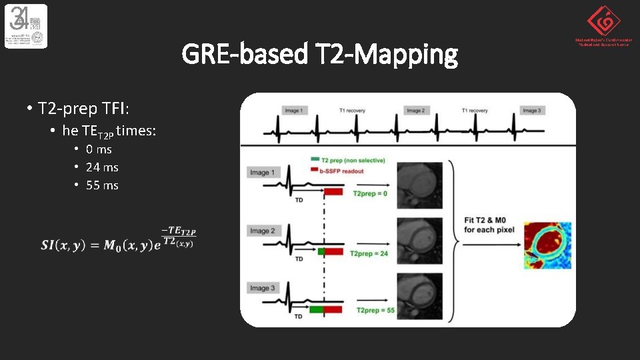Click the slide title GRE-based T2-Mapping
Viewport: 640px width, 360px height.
(320, 54)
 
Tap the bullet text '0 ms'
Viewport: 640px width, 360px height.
(99, 149)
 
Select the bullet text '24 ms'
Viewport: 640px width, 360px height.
(102, 167)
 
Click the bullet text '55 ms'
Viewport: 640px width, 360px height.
(102, 185)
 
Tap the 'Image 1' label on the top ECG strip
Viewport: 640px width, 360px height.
(293, 111)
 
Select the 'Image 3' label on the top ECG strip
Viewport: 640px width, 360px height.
(531, 111)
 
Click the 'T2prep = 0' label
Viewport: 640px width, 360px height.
(370, 193)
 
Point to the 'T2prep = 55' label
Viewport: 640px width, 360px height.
(375, 311)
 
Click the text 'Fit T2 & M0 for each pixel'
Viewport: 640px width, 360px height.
(487, 225)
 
